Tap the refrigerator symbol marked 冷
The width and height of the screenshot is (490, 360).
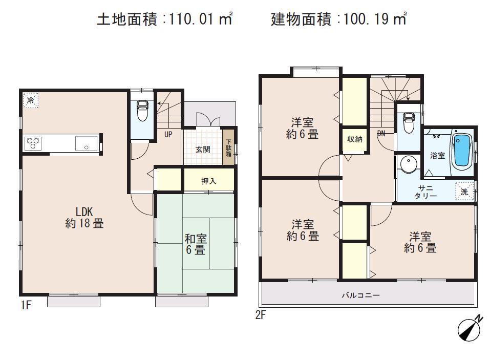31,100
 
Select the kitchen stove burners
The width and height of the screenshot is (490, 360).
33,142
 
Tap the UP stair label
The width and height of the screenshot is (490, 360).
167,135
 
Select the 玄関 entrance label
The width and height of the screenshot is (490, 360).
202,150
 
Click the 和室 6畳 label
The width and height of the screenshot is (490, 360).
195,244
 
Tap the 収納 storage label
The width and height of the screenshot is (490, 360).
355,139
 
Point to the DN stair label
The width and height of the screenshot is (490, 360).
381,134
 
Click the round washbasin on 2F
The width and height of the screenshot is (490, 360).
408,165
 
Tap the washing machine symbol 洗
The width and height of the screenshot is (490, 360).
464,192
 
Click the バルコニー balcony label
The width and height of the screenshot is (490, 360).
361,295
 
